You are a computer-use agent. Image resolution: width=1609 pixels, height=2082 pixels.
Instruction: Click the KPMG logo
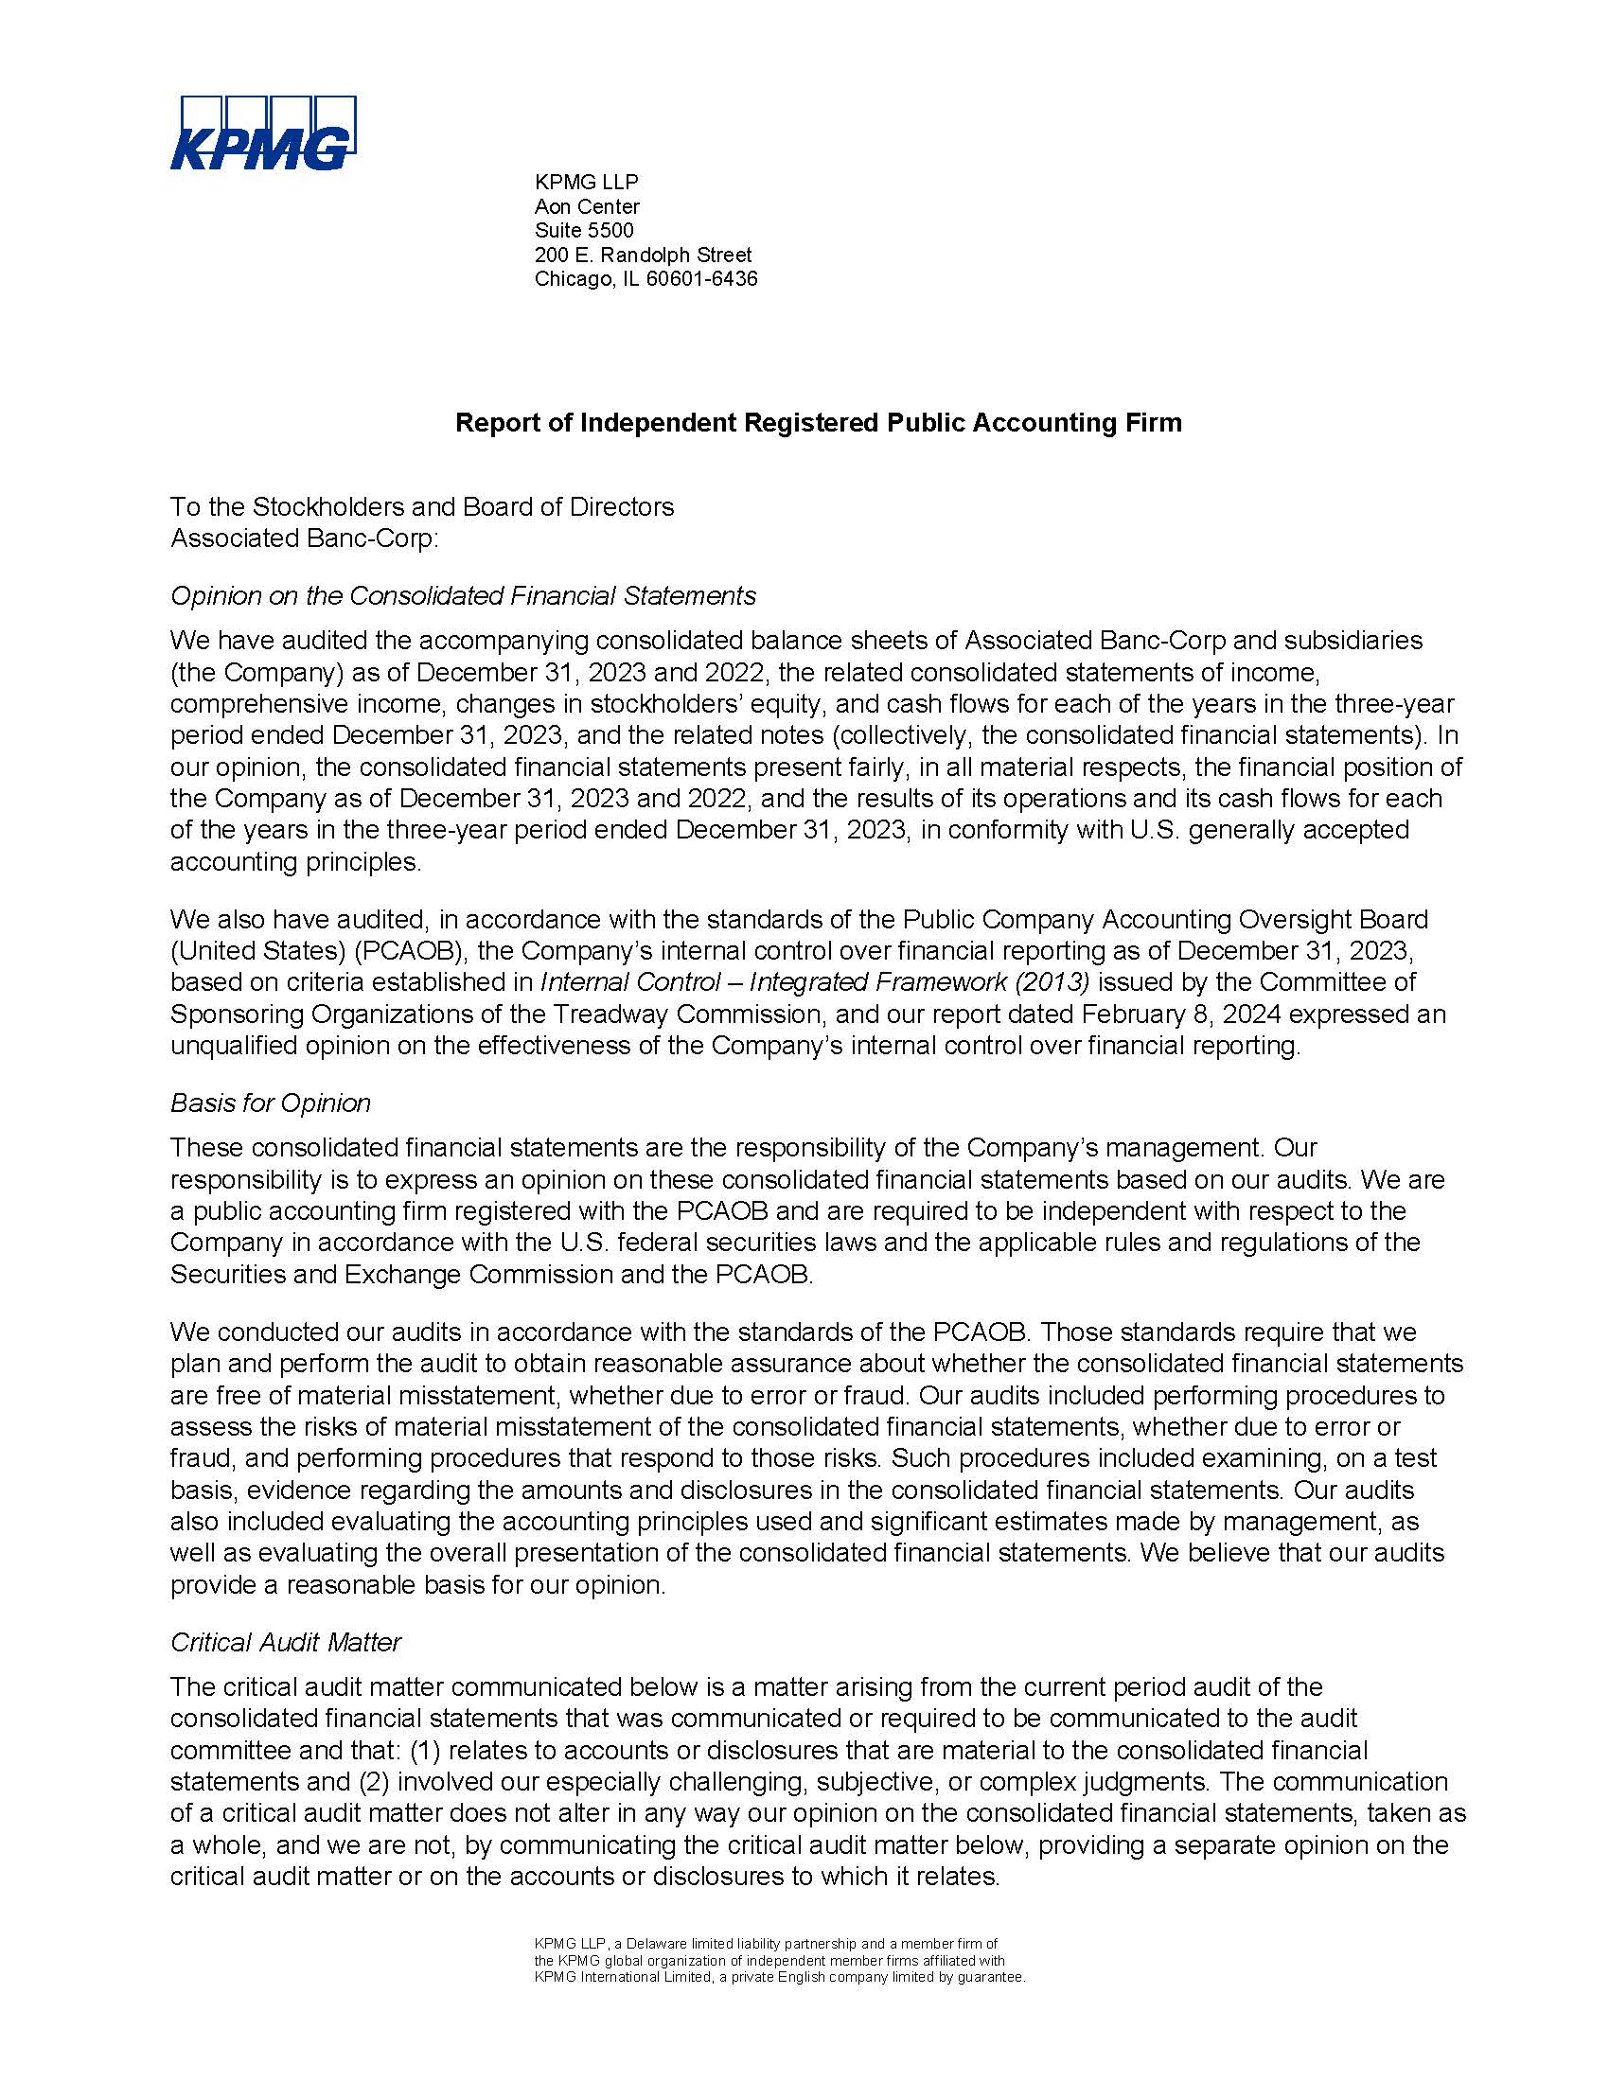coord(263,133)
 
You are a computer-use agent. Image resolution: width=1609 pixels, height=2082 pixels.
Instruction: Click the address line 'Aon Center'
coord(586,206)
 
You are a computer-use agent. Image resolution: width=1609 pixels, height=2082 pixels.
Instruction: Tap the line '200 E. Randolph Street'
coord(643,255)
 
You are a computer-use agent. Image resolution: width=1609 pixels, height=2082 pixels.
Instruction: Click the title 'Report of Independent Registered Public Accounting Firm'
coord(818,422)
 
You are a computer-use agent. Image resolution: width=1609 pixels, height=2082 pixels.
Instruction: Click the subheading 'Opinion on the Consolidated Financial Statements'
coord(462,596)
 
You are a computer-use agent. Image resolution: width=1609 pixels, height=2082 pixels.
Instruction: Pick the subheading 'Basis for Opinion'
coord(270,1103)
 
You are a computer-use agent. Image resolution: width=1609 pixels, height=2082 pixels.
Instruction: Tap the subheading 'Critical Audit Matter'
coord(285,1642)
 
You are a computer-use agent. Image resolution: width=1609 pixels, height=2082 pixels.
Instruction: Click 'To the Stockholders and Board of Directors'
coord(421,507)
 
